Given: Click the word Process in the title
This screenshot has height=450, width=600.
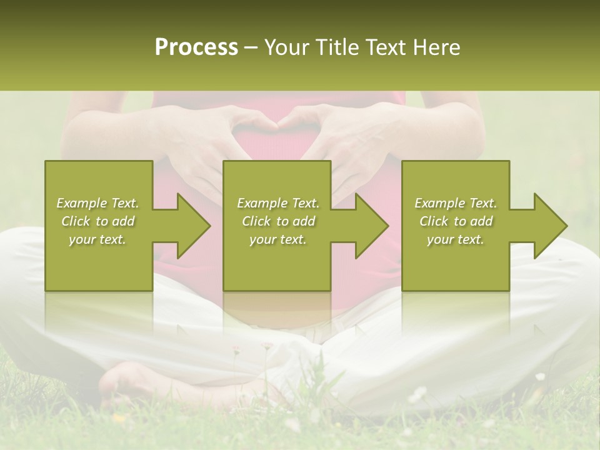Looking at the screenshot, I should click(x=196, y=47).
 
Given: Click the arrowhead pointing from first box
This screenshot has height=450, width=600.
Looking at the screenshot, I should click(x=191, y=226).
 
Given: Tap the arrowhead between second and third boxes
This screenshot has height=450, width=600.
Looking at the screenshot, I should click(x=369, y=226).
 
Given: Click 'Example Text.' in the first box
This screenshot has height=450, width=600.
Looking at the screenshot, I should click(x=97, y=203).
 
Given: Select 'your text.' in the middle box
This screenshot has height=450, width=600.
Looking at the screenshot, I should click(x=277, y=239).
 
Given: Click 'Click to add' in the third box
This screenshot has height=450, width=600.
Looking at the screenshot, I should click(x=456, y=221).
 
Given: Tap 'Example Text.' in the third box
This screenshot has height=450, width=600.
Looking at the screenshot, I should click(x=456, y=203).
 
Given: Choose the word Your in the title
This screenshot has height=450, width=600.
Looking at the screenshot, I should click(x=283, y=47).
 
